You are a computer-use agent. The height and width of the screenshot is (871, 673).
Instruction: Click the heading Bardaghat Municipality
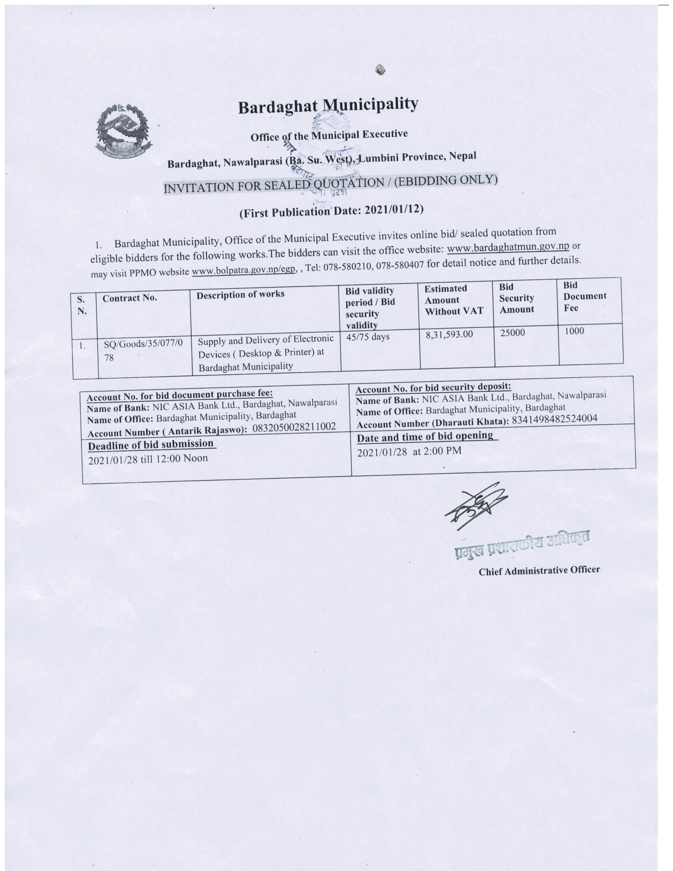[328, 106]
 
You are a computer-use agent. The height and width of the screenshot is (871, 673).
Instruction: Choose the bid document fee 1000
[574, 331]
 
